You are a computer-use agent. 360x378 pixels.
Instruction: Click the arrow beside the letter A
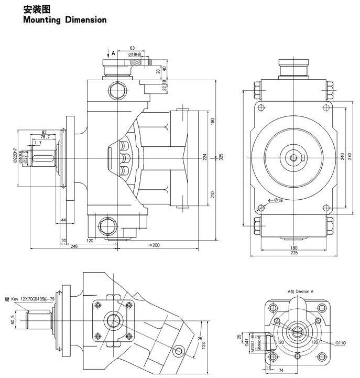(106, 53)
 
